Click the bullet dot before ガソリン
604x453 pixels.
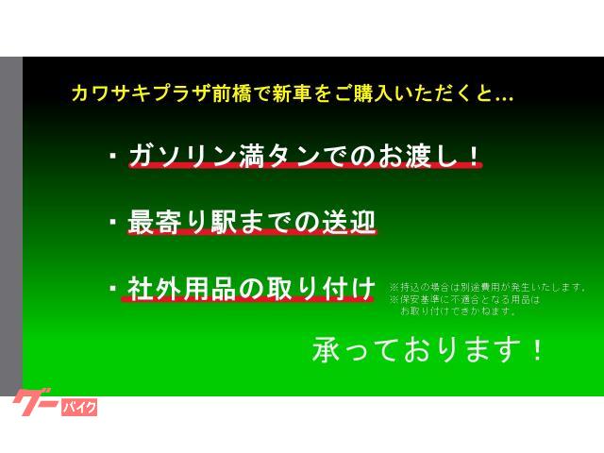112,156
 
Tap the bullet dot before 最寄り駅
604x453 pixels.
112,223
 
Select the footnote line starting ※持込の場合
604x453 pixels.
487,287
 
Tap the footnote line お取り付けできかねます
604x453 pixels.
458,310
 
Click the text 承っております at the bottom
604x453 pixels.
415,350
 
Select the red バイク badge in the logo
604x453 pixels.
78,408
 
